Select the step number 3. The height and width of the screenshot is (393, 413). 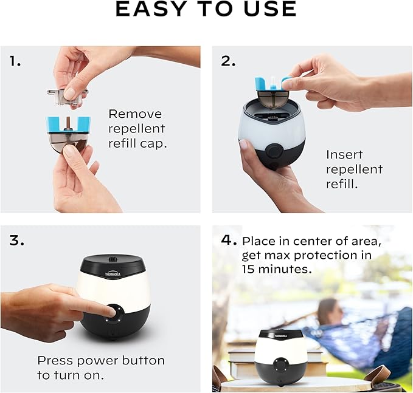coord(16,240)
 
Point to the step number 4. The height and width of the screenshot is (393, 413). coord(228,240)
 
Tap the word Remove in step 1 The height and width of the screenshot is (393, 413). coord(135,114)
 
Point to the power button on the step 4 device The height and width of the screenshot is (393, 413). coord(281,365)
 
